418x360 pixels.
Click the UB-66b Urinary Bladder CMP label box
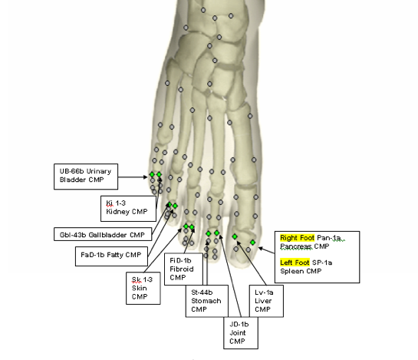pos(86,177)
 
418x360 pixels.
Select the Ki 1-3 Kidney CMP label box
pos(128,209)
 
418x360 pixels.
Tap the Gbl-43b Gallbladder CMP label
pos(103,234)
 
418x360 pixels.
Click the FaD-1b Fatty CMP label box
pos(111,256)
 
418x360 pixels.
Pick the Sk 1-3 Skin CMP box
pos(143,288)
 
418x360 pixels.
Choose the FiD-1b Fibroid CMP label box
pos(183,269)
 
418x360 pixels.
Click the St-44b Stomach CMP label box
pos(207,301)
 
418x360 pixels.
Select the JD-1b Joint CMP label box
pos(241,333)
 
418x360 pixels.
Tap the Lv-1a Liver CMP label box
pos(266,301)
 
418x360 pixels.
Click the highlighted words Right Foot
pos(298,238)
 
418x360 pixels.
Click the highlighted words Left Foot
pos(295,263)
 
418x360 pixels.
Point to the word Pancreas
pos(296,246)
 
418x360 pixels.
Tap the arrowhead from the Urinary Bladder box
pos(146,177)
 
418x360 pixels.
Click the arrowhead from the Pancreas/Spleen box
pos(261,249)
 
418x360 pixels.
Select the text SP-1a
pos(322,263)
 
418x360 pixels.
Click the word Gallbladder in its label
pos(107,235)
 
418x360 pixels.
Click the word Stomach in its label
pos(206,301)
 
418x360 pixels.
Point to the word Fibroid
pos(182,269)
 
